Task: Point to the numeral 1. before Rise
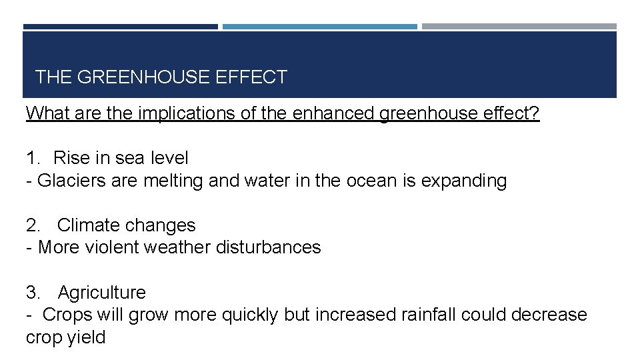(x=33, y=158)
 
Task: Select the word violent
(x=108, y=247)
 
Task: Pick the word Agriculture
(x=101, y=293)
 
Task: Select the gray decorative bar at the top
(x=519, y=27)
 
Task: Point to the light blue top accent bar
(x=320, y=27)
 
